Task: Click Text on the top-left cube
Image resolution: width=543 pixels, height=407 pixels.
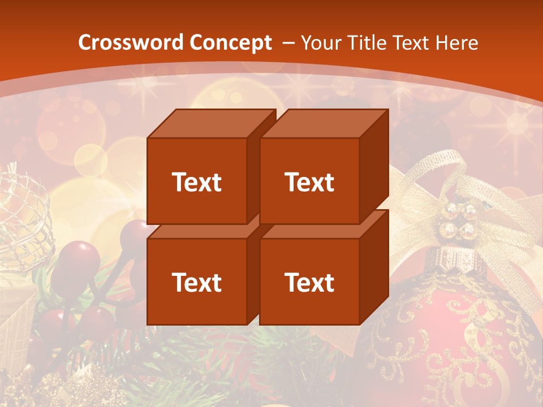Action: pos(196,182)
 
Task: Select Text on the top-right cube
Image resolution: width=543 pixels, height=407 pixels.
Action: pos(309,182)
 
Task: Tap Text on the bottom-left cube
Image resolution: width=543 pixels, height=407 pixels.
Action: pos(196,282)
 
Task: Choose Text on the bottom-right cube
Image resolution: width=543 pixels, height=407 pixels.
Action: pos(309,282)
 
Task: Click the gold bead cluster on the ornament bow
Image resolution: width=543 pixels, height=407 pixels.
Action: pos(459,220)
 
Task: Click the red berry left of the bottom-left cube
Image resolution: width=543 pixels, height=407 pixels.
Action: pos(79,257)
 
